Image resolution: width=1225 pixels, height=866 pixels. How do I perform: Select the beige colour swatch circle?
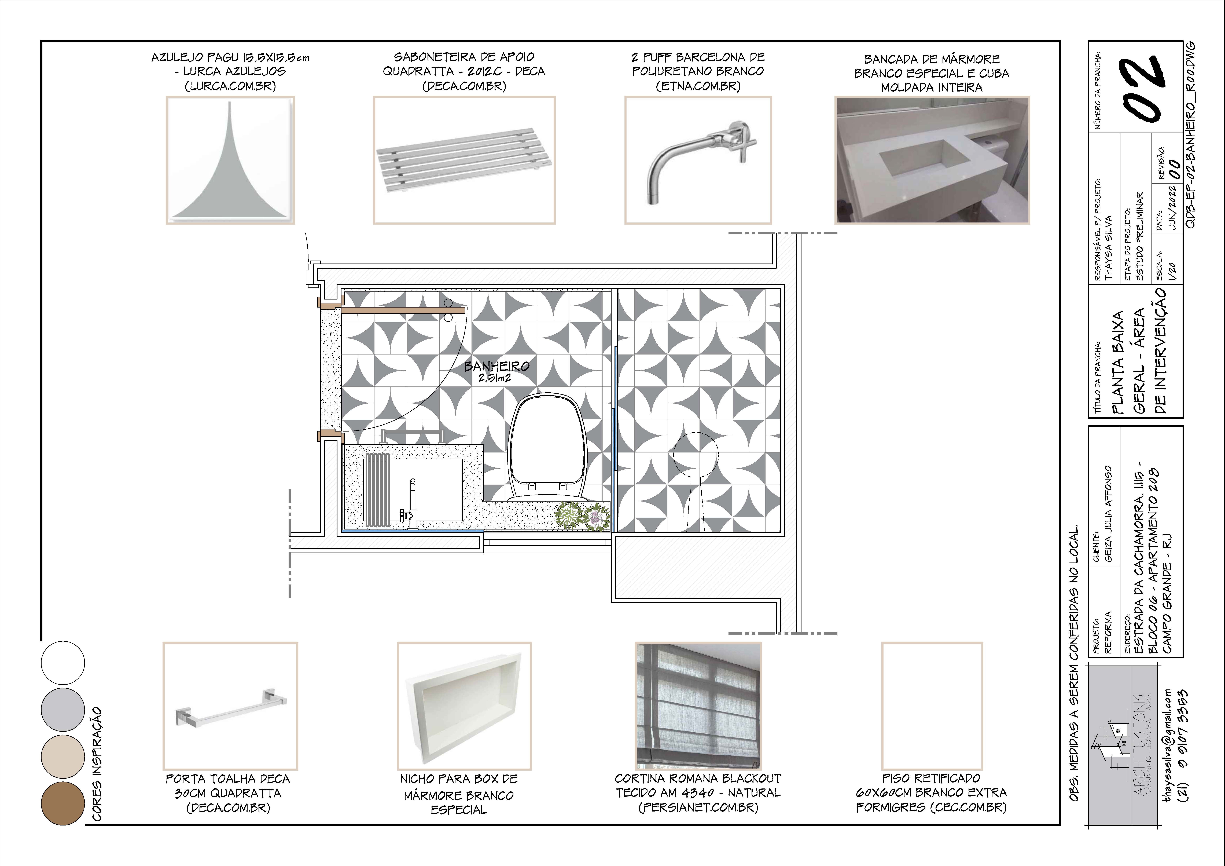[63, 757]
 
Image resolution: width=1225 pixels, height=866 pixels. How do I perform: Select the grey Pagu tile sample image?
[230, 160]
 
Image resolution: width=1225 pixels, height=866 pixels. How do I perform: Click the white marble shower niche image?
[464, 706]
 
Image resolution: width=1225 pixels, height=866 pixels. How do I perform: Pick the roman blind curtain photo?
[698, 706]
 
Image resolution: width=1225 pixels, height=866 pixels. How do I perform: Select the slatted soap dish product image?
[464, 160]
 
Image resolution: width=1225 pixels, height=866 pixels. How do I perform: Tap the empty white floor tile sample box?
[932, 706]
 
